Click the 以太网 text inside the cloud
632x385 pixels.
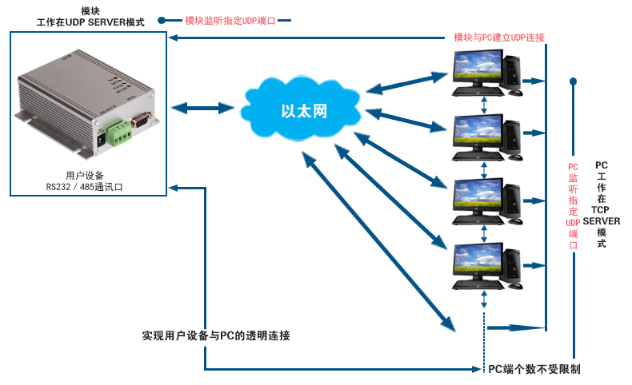pos(304,111)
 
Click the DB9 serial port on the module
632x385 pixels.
pos(141,120)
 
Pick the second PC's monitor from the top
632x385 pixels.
pos(478,130)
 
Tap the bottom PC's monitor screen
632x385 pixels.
pos(478,259)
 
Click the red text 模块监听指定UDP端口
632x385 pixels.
pos(230,21)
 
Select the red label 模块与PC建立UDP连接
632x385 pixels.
pos(499,38)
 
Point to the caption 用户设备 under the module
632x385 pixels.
pos(85,176)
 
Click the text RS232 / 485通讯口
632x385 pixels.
pos(84,187)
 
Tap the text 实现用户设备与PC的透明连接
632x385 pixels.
pos(216,335)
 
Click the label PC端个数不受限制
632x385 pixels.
pos(534,369)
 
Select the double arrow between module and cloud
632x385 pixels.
pos(202,108)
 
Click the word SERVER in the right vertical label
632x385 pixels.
pos(602,221)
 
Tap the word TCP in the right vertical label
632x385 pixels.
pos(600,209)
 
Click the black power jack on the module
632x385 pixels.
pos(102,140)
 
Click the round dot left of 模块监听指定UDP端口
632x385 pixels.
pos(162,20)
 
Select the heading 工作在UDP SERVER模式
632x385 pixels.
pos(90,22)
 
